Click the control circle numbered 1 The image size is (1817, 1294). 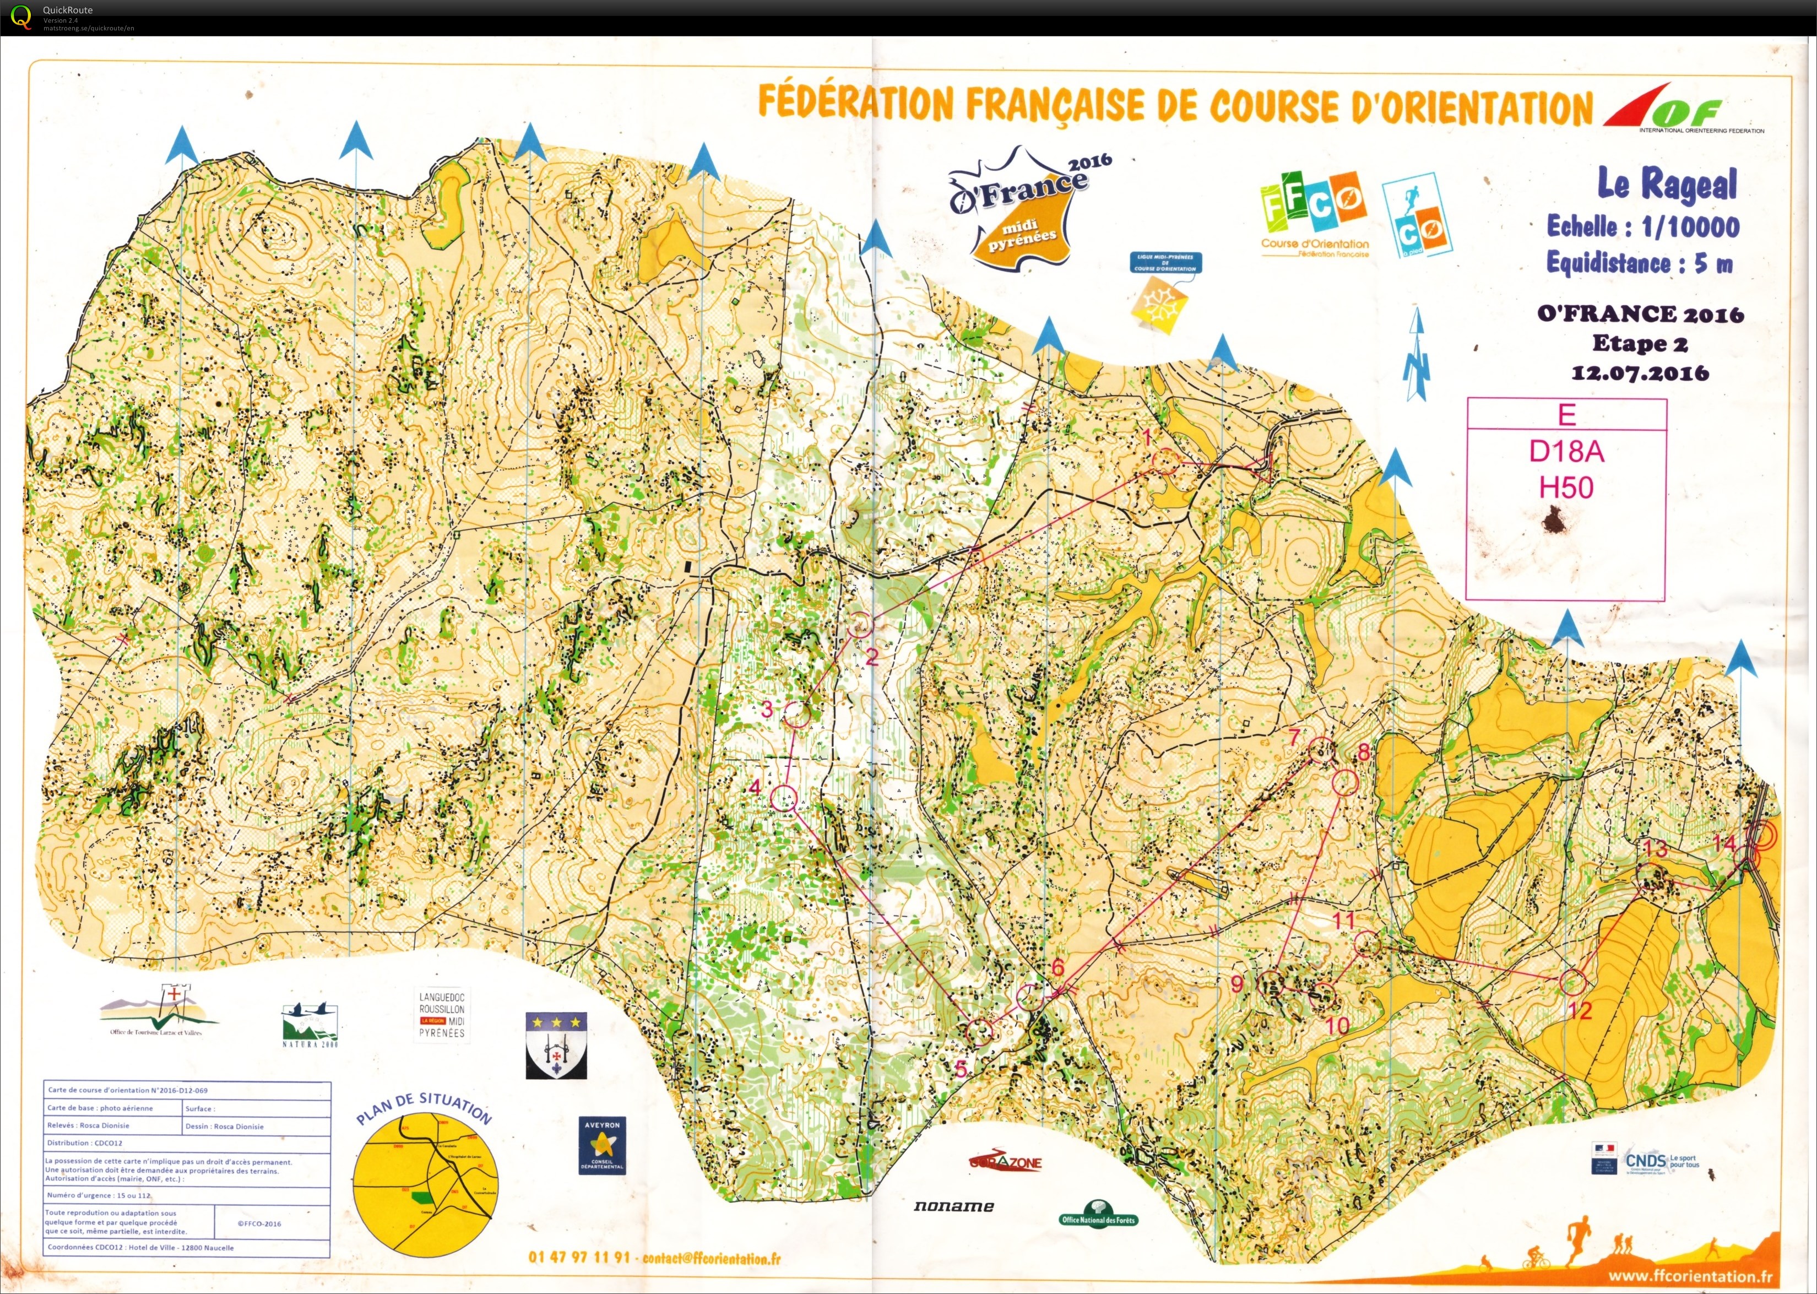click(1164, 461)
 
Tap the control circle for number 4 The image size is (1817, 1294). click(784, 797)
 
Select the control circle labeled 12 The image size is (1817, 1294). click(1572, 982)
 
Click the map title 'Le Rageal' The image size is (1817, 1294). click(1667, 184)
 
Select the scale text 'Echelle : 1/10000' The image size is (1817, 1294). click(1642, 226)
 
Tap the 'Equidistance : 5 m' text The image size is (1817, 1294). click(1639, 262)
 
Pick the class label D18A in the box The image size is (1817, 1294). click(1566, 451)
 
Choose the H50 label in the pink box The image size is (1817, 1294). click(1566, 487)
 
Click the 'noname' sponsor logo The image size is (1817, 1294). click(953, 1205)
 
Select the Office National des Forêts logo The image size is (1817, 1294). click(1099, 1212)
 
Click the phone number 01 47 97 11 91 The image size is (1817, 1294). click(579, 1257)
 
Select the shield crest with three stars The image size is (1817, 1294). click(556, 1044)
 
